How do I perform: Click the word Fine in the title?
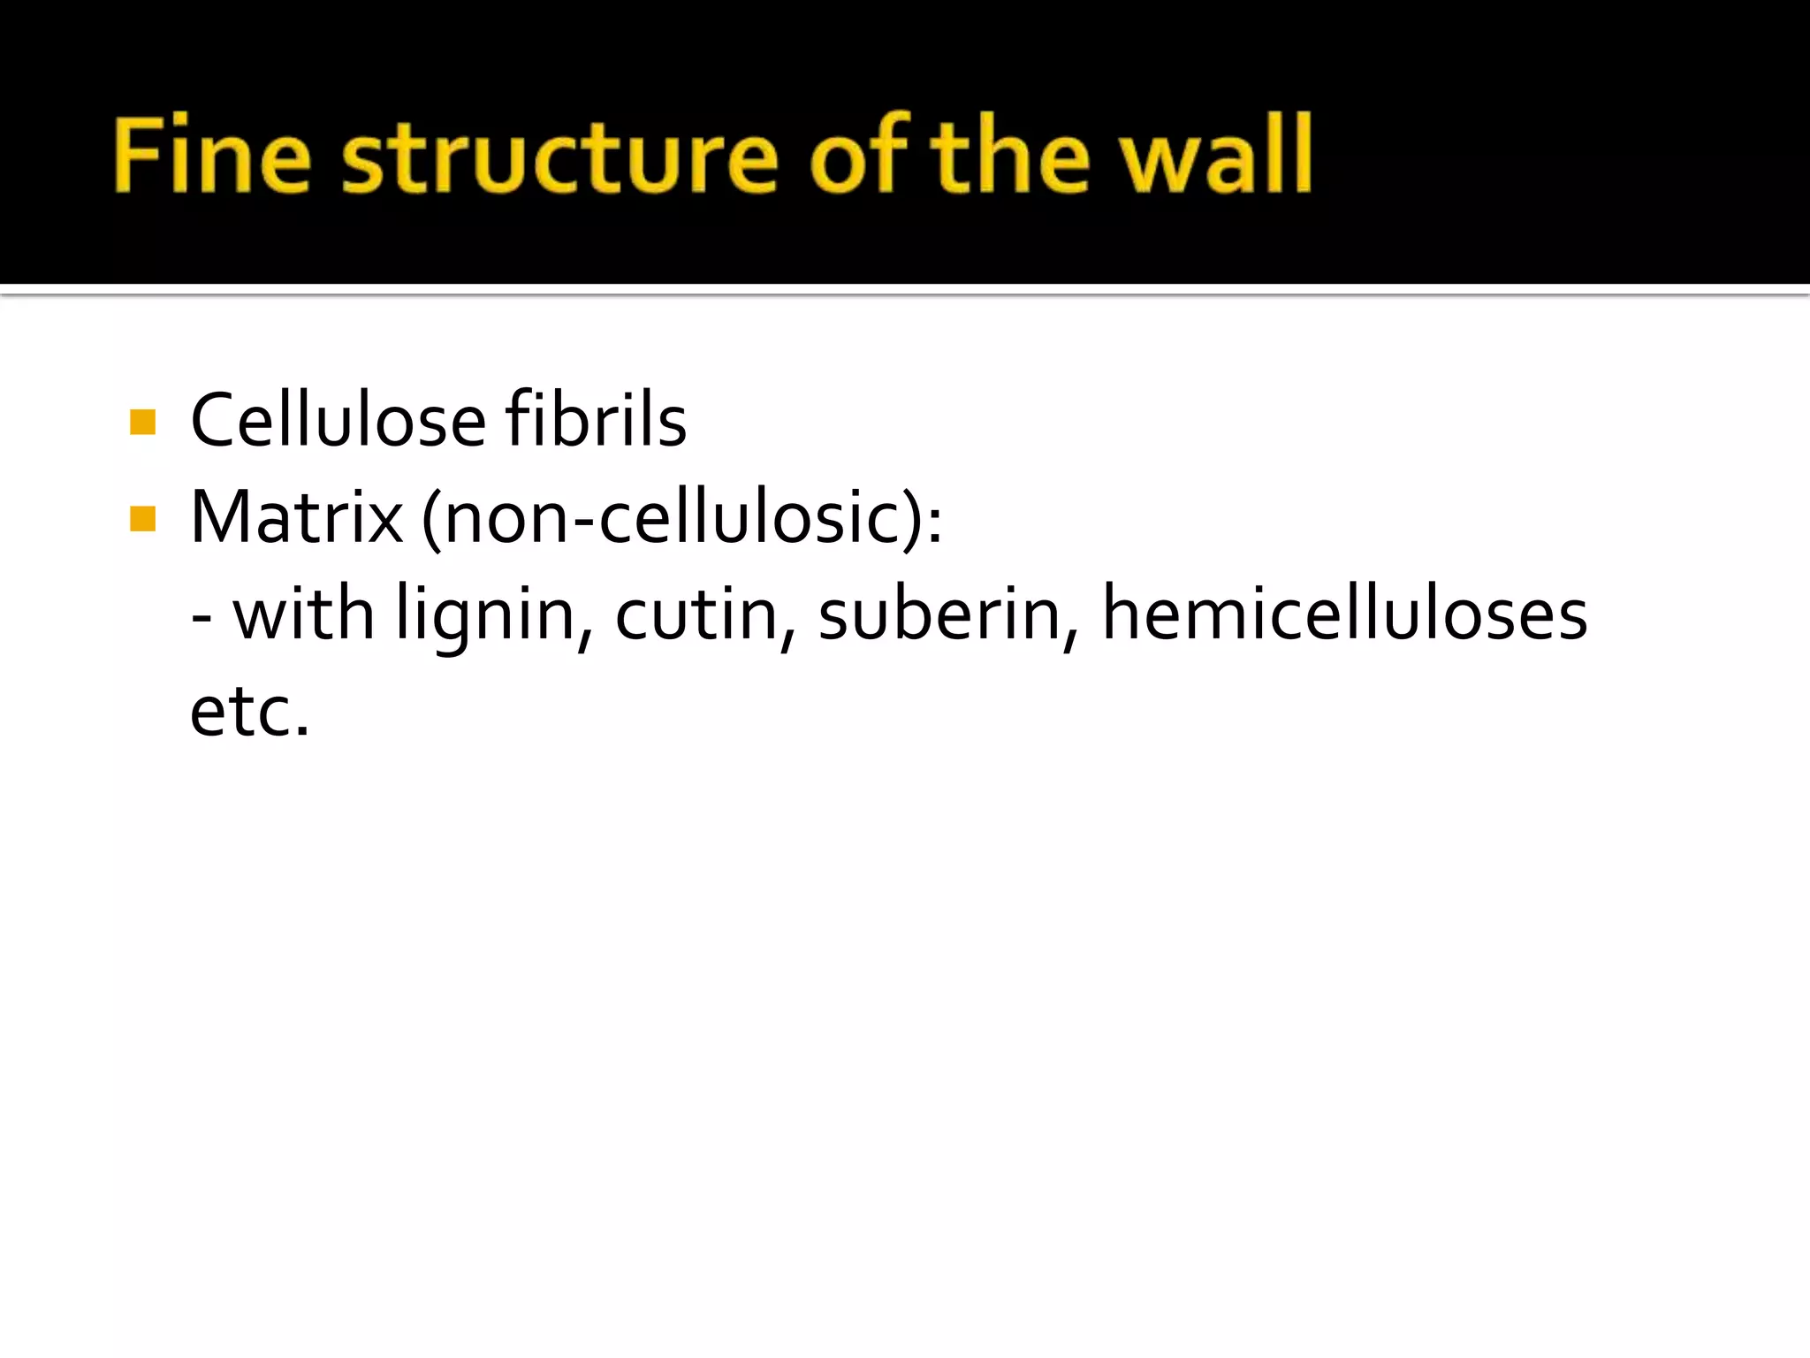point(212,156)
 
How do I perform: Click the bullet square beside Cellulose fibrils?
point(142,422)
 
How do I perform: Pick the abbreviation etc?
point(249,713)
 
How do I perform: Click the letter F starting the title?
point(135,154)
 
